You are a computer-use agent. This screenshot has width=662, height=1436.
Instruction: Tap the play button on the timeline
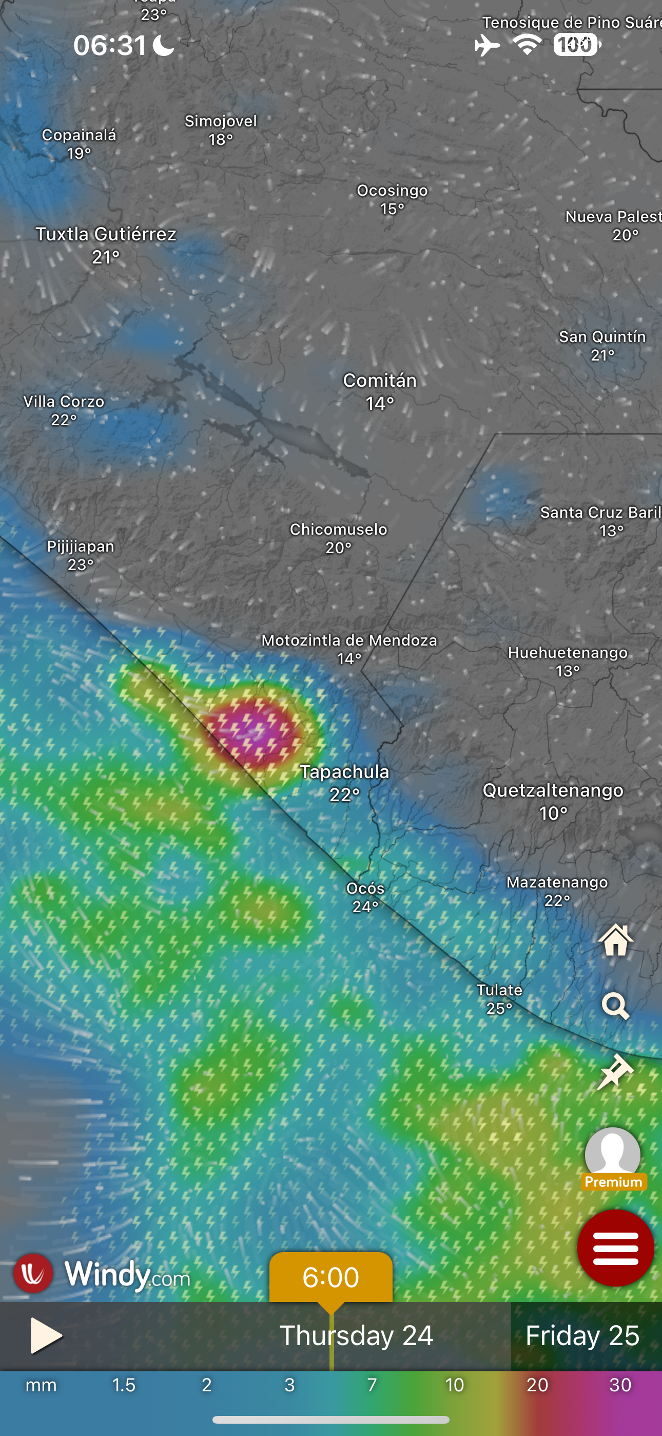tap(45, 1335)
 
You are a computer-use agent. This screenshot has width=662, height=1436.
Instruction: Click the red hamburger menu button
tap(615, 1248)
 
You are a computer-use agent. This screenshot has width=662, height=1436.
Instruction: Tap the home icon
tap(615, 940)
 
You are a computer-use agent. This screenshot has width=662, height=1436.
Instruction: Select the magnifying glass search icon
tap(615, 1006)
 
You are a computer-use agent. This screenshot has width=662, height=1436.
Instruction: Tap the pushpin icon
tap(615, 1071)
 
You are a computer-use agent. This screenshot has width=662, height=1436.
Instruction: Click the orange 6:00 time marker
tap(330, 1277)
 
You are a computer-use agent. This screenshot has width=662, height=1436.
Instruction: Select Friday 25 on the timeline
tap(582, 1336)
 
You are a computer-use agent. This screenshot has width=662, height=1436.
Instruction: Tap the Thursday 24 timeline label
tap(356, 1336)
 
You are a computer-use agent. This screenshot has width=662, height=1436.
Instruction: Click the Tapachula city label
tap(344, 772)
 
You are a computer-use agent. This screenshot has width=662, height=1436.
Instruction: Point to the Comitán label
tap(379, 381)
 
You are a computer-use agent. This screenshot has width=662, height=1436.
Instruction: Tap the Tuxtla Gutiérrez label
tap(106, 234)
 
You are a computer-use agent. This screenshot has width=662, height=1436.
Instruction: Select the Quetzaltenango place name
tap(553, 790)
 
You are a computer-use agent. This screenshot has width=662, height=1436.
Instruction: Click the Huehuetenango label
tap(567, 653)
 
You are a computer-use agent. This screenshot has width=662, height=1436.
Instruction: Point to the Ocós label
tap(365, 889)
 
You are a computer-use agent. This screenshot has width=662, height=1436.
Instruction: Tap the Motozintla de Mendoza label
tap(349, 640)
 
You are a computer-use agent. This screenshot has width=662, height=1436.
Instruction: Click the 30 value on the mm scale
tap(620, 1385)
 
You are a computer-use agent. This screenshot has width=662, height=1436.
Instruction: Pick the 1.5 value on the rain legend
tap(124, 1385)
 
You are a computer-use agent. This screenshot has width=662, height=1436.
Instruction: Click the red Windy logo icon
tap(33, 1273)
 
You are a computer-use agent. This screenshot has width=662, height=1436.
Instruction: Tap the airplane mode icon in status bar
tap(487, 45)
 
